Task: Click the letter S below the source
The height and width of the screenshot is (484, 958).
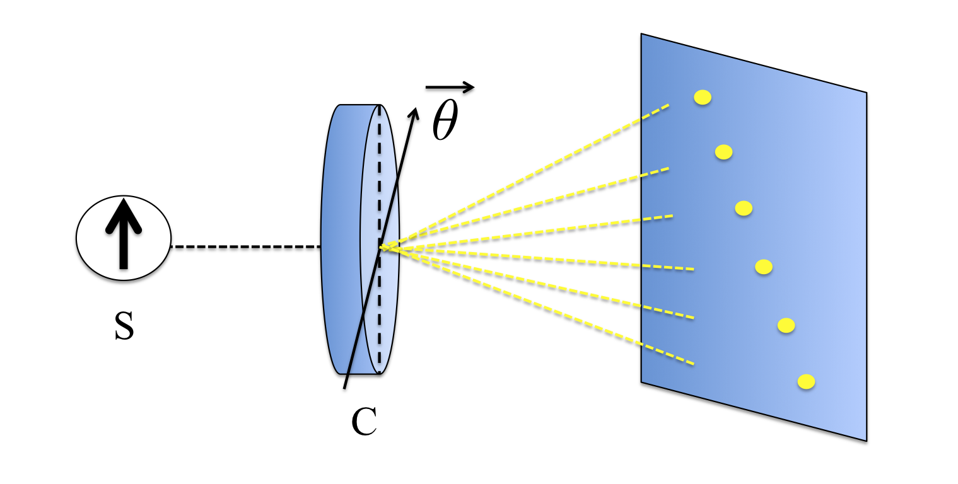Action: tap(124, 328)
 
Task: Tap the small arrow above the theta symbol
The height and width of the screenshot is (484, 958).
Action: tap(449, 88)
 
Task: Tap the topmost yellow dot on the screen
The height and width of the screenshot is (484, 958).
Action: tap(703, 97)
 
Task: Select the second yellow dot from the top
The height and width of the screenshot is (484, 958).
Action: tap(723, 152)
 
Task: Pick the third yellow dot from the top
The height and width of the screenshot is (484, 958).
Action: tap(744, 208)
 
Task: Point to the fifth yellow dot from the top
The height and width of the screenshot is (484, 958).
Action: tap(786, 325)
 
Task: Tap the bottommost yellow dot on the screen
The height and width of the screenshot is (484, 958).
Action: tap(806, 381)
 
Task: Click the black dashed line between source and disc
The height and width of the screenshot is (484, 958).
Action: tap(246, 247)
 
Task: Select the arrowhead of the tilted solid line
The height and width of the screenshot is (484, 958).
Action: tap(414, 112)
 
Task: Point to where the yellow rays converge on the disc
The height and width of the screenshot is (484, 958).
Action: tap(382, 248)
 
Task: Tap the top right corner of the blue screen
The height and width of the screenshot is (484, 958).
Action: tap(866, 93)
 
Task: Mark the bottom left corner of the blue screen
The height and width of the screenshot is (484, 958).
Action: tap(641, 381)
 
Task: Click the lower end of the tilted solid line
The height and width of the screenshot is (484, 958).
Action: tap(344, 387)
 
